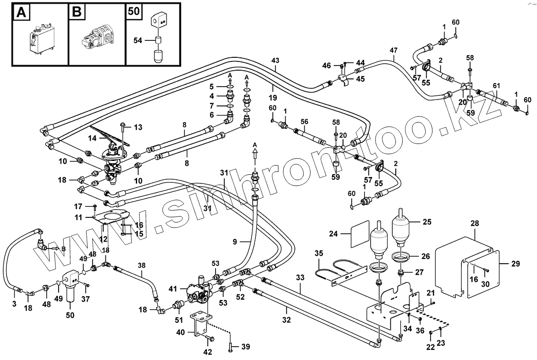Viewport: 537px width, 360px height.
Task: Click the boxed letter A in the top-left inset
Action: pyautogui.click(x=21, y=12)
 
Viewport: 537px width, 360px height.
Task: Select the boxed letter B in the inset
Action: pyautogui.click(x=77, y=12)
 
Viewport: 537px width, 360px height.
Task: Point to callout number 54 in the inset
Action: pyautogui.click(x=138, y=41)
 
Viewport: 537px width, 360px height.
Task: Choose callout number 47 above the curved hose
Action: pyautogui.click(x=393, y=50)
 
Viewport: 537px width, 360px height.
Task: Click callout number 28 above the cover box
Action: pyautogui.click(x=475, y=223)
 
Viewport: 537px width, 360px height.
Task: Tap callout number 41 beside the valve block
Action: pyautogui.click(x=172, y=289)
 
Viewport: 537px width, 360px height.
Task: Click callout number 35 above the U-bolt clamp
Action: pyautogui.click(x=319, y=253)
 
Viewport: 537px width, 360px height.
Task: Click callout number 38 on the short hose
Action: pyautogui.click(x=142, y=265)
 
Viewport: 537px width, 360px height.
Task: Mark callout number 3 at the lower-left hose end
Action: pyautogui.click(x=14, y=304)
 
